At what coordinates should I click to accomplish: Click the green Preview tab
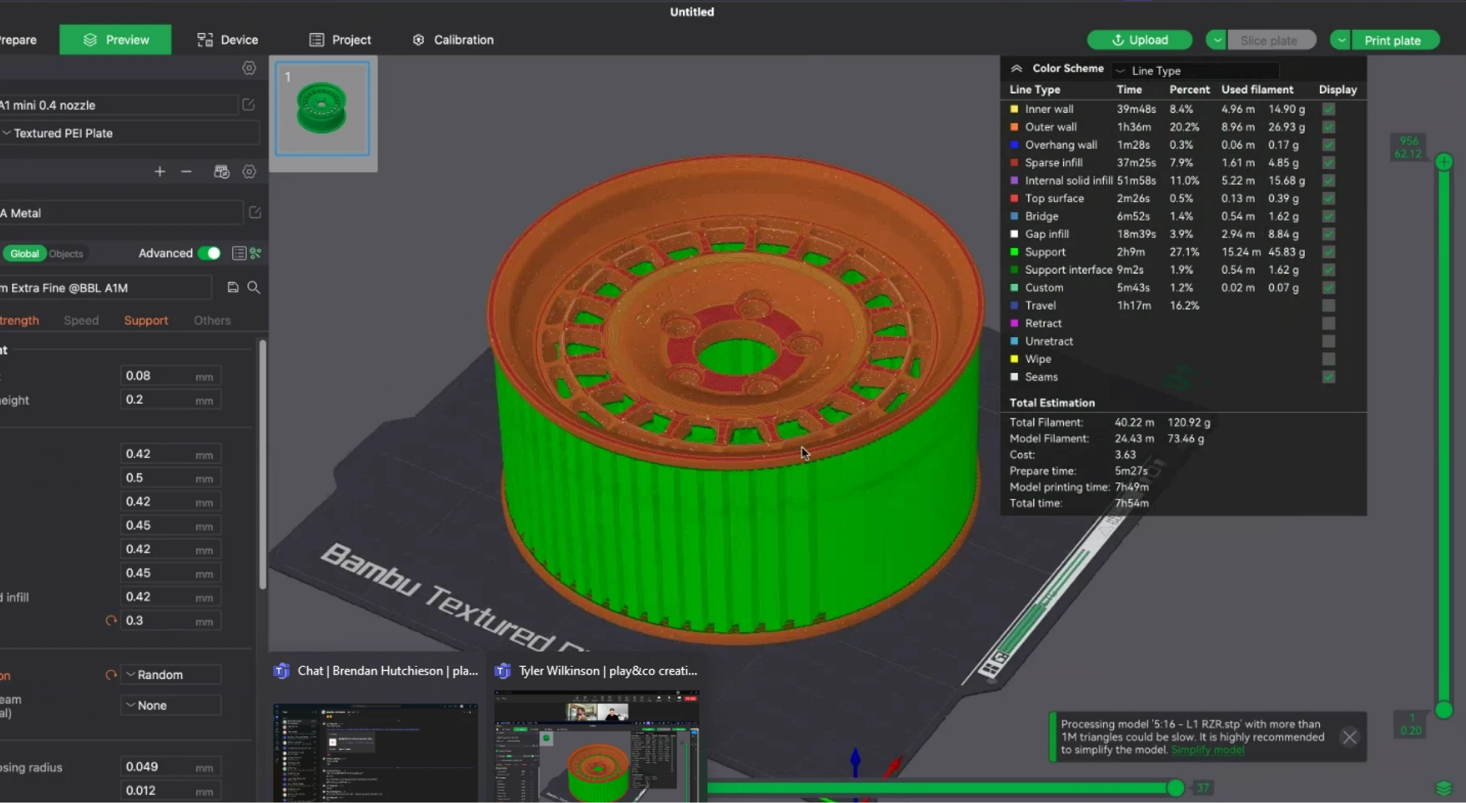point(115,40)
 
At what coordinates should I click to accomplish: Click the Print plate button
point(1392,40)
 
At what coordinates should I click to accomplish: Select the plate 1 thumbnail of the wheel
point(322,108)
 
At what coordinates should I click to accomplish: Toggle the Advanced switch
point(210,253)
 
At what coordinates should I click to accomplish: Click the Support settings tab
point(145,320)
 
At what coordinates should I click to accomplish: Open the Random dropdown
point(170,674)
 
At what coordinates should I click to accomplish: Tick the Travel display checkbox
point(1329,305)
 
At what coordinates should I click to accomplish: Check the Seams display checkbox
point(1329,377)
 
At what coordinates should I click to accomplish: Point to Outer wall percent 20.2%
point(1184,127)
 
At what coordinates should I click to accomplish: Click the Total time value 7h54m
point(1131,503)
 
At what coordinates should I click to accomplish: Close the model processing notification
point(1349,737)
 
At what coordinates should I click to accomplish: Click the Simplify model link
point(1207,750)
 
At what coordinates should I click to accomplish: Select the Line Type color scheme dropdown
point(1195,71)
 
